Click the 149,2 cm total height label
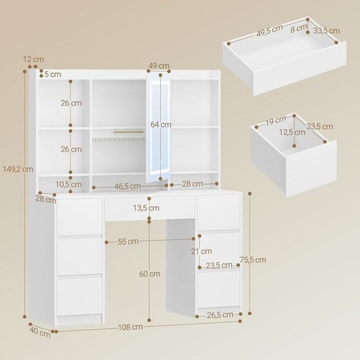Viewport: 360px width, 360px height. (18, 169)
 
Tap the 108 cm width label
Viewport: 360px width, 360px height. (130, 327)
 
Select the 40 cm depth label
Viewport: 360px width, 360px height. (40, 332)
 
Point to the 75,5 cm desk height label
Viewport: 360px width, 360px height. (253, 260)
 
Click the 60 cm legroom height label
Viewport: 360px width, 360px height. (150, 274)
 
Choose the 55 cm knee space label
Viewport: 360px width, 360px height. (128, 241)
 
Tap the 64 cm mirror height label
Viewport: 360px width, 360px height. (161, 125)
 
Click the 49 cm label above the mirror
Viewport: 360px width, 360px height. (159, 66)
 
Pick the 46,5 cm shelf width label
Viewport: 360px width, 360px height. (127, 186)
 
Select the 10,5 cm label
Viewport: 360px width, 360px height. (69, 184)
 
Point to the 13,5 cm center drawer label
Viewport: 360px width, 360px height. (146, 208)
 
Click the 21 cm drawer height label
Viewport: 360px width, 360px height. (201, 251)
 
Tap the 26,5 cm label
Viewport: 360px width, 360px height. (220, 315)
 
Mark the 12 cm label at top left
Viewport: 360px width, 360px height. (33, 59)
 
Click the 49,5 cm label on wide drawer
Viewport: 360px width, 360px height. (270, 31)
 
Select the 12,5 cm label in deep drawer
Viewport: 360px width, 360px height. (292, 132)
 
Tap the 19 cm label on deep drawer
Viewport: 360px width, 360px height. (276, 121)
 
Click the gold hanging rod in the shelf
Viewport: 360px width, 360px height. (128, 131)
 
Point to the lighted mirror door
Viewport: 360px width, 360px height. (159, 127)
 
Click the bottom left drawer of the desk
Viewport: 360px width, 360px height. (79, 296)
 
